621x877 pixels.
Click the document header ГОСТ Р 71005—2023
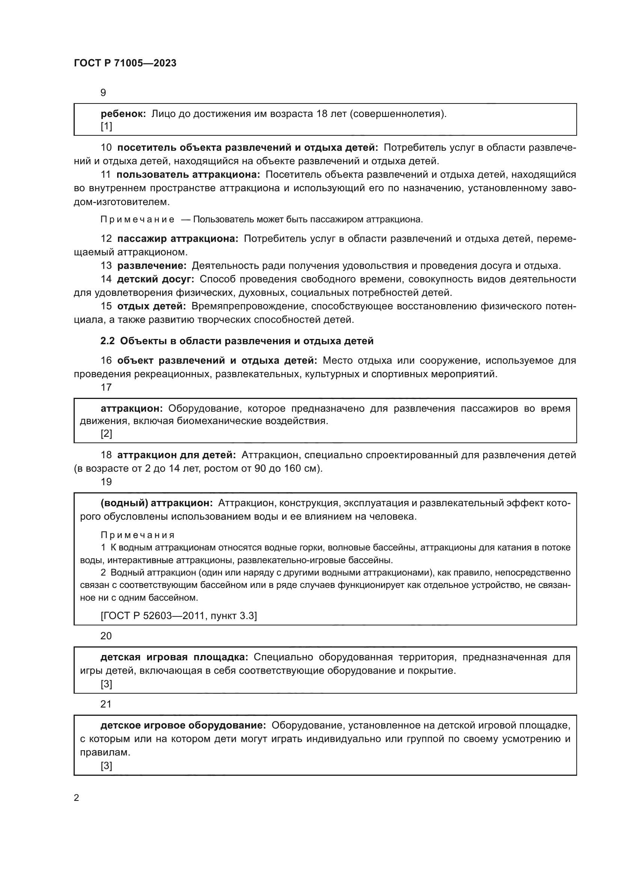click(125, 63)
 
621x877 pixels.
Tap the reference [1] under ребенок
click(106, 126)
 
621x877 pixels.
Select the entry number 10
click(106, 147)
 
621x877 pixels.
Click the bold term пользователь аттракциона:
click(188, 175)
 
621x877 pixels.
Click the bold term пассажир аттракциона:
click(178, 239)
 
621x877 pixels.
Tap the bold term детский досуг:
click(156, 279)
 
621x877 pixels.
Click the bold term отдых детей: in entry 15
click(151, 306)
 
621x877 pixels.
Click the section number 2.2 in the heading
click(107, 341)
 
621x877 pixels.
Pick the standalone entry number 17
click(106, 387)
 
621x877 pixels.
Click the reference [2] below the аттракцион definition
click(106, 433)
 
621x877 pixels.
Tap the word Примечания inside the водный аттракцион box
click(138, 535)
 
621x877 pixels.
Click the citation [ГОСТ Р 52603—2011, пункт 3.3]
click(179, 615)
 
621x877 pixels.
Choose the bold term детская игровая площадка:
click(174, 657)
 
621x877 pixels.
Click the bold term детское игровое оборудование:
click(183, 726)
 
